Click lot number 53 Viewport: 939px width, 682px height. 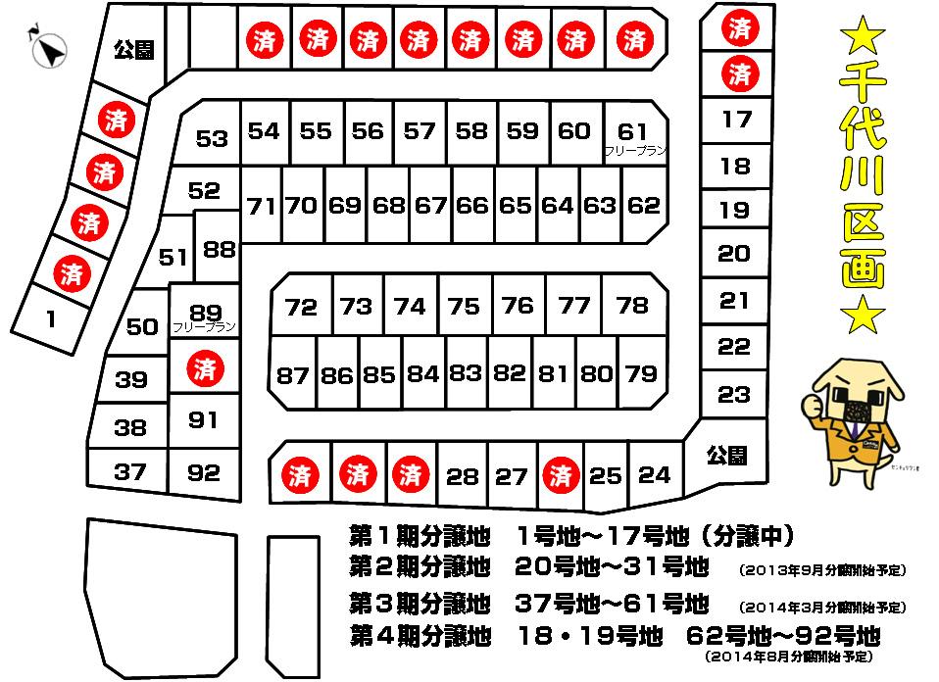212,138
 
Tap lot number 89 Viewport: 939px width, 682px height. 205,313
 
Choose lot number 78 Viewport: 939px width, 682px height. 633,305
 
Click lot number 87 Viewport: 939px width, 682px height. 293,374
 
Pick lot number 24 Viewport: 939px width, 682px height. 654,475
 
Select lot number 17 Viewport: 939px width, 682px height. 736,120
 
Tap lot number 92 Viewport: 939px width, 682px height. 204,472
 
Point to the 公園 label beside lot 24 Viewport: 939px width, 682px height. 726,455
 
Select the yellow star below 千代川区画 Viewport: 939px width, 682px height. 864,316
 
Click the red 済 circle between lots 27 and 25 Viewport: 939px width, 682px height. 561,476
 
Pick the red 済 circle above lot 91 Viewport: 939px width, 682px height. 205,369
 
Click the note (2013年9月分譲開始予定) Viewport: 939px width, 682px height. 820,570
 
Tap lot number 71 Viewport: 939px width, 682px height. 262,206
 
